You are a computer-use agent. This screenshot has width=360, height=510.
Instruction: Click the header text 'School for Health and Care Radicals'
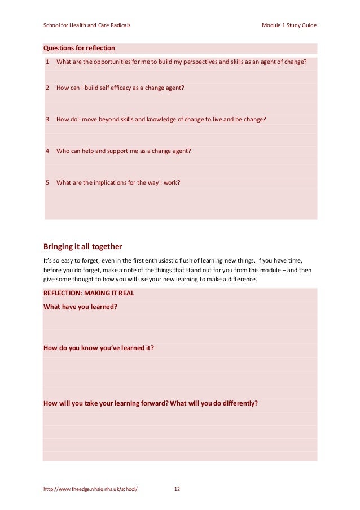coord(87,25)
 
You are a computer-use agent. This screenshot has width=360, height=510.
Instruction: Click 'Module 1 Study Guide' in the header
coord(289,25)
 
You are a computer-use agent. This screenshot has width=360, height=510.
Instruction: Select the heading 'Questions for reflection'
coord(79,48)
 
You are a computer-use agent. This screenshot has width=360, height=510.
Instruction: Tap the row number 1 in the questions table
coord(47,62)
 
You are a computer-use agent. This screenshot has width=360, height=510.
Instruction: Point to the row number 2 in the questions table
coord(47,88)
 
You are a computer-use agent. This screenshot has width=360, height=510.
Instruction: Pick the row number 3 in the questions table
coord(47,119)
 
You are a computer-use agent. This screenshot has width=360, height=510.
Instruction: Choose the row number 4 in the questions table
coord(47,151)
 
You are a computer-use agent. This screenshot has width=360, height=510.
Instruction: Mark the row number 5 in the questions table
coord(47,182)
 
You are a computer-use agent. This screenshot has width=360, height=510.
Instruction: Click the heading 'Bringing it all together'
coord(82,246)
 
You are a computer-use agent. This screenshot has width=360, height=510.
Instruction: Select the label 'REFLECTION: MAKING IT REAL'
coord(89,293)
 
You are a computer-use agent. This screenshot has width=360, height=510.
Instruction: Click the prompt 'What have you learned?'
coord(80,307)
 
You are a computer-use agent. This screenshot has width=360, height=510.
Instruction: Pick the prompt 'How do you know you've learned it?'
coord(99,348)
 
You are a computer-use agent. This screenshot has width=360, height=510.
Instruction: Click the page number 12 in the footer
coord(177,489)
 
